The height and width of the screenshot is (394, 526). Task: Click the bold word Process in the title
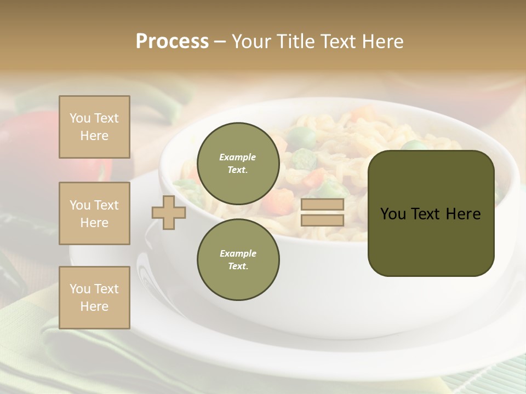(172, 42)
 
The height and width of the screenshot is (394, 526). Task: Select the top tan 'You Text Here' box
(94, 127)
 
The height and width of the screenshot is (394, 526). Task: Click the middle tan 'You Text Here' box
(94, 213)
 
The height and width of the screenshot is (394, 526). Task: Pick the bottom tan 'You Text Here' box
(94, 298)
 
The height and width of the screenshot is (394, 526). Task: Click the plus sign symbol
(168, 212)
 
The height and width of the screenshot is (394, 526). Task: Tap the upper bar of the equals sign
(322, 205)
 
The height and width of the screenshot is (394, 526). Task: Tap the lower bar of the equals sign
(322, 221)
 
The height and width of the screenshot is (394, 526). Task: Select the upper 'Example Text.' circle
(238, 163)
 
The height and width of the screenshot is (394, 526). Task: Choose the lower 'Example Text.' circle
(238, 259)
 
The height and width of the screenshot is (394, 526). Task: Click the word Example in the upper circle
(238, 157)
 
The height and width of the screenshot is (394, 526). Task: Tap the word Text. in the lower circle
(238, 266)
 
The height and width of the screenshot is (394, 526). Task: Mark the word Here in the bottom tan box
(94, 306)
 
